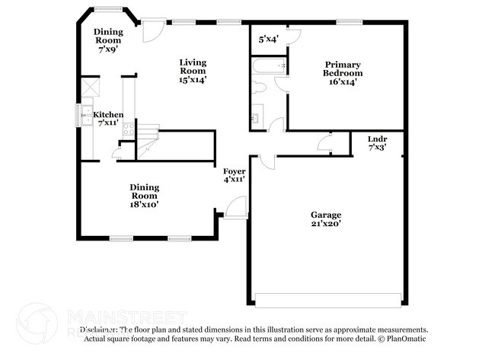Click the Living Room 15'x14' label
pyautogui.click(x=193, y=70)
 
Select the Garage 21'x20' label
pyautogui.click(x=325, y=219)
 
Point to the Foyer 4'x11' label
pyautogui.click(x=234, y=175)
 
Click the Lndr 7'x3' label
pyautogui.click(x=376, y=143)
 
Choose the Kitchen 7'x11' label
pyautogui.click(x=107, y=118)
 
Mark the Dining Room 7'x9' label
pyautogui.click(x=108, y=40)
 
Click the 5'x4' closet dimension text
pyautogui.click(x=269, y=38)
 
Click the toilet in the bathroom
pyautogui.click(x=258, y=88)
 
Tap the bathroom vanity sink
pyautogui.click(x=255, y=118)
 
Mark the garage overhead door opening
pyautogui.click(x=327, y=300)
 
